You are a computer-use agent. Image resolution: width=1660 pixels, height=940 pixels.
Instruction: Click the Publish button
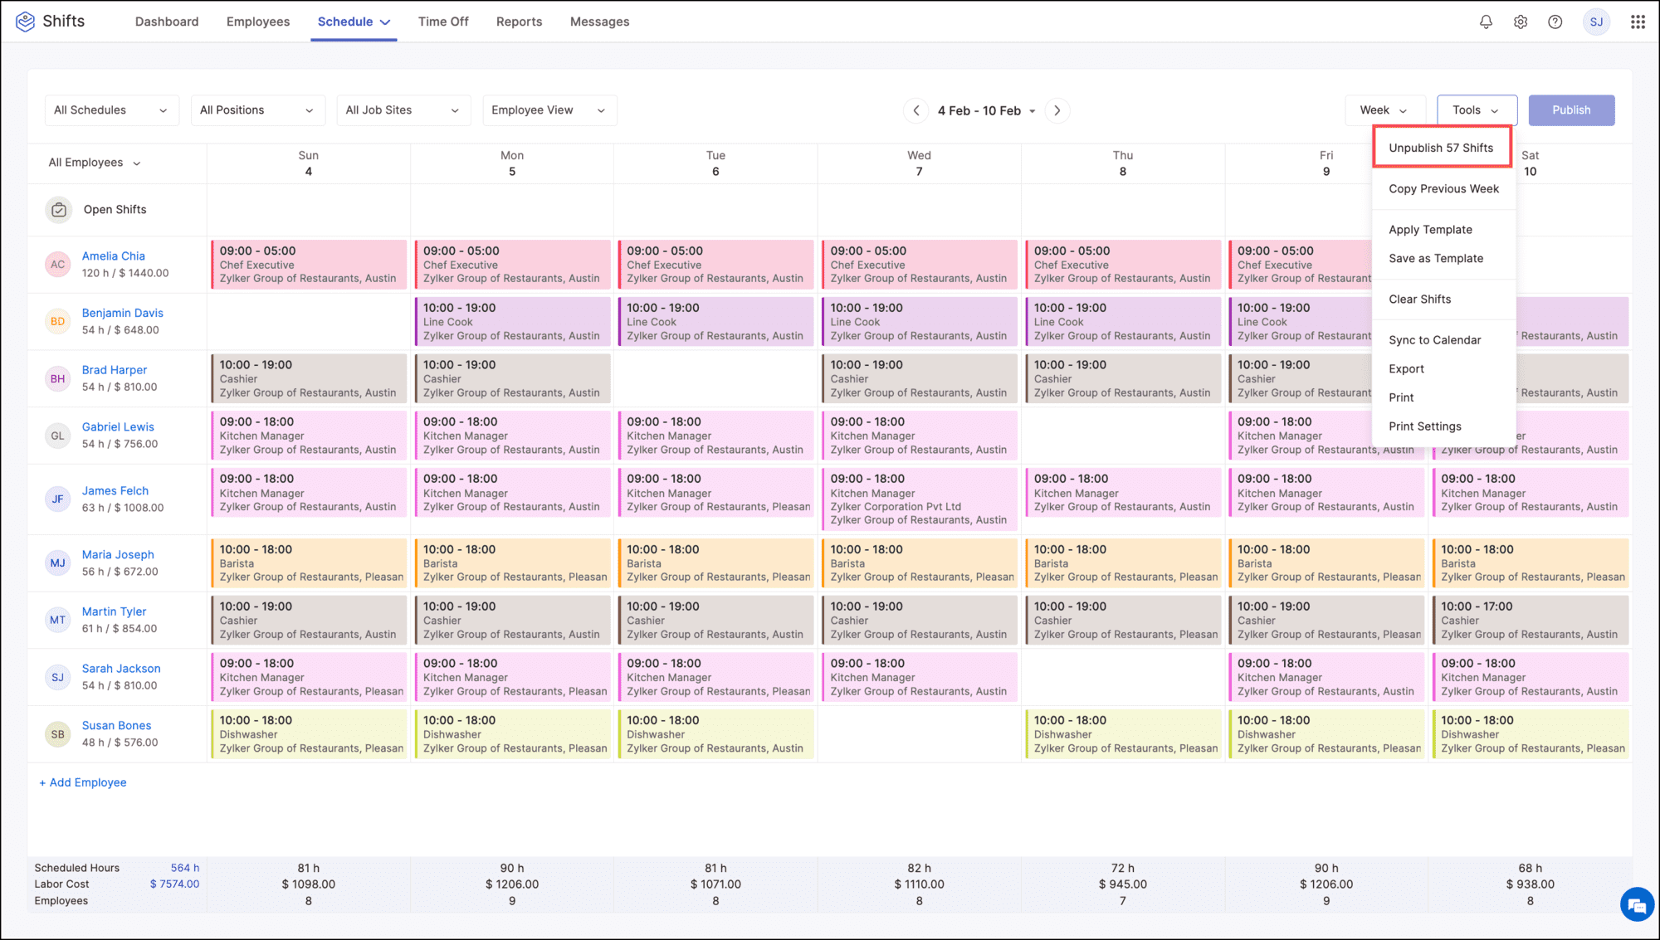(1571, 110)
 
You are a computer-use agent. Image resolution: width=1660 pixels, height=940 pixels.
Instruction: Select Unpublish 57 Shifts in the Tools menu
(1441, 148)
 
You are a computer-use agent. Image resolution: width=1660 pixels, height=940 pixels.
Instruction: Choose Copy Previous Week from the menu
(1443, 189)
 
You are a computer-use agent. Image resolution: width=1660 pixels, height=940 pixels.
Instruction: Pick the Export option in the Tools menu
(1406, 369)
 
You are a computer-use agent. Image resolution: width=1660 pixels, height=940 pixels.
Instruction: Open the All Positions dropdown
(256, 110)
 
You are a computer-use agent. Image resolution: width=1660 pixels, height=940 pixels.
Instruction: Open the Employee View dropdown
(549, 110)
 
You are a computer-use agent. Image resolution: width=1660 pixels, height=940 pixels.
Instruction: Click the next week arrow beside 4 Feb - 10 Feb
(1057, 110)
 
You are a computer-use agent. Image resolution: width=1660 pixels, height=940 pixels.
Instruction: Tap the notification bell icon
(1486, 22)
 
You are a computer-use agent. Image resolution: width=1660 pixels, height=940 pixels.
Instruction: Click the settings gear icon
(1521, 22)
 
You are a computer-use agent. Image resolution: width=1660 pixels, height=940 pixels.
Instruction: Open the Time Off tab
(443, 22)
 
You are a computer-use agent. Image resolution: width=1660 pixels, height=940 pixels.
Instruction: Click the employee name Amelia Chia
(113, 256)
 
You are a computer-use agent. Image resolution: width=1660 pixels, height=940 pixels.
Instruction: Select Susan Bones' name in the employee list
(116, 726)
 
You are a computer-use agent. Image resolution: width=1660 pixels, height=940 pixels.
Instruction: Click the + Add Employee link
(83, 782)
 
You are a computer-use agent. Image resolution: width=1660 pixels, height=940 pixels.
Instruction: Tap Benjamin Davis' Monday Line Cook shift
(512, 322)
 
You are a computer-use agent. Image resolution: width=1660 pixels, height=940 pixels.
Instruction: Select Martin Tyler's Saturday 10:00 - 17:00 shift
(1530, 621)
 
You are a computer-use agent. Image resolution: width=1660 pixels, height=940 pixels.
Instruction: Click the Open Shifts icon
(58, 210)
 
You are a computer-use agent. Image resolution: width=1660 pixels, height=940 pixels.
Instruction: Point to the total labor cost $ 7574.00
(174, 884)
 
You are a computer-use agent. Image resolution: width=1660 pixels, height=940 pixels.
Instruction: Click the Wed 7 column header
(919, 163)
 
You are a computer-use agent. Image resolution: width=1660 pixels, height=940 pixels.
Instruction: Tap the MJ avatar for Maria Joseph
(57, 563)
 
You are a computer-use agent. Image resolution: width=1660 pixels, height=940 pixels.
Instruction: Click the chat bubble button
(1637, 904)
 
